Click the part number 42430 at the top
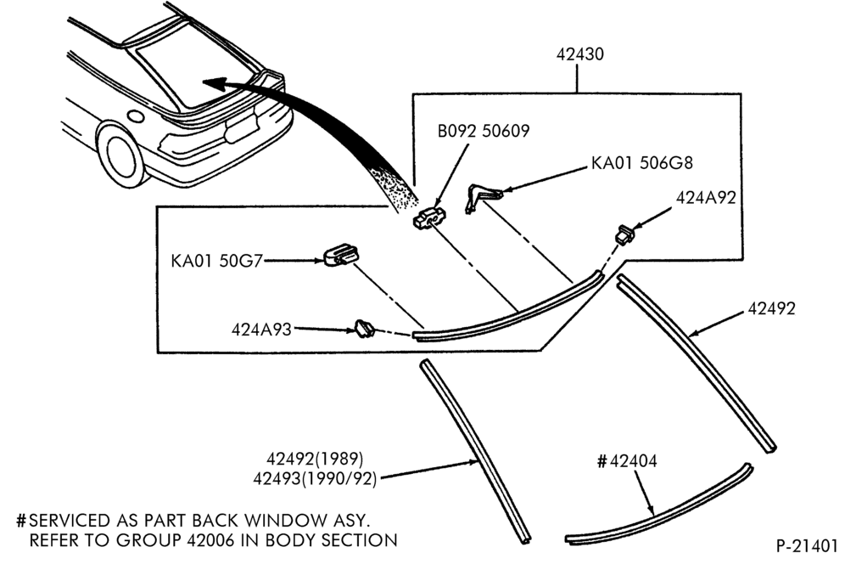579,54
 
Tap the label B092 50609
484,131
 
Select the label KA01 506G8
642,162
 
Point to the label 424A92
706,198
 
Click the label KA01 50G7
216,261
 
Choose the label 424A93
261,330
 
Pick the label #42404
627,461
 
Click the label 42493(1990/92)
315,479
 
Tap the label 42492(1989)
315,459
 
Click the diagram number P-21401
807,545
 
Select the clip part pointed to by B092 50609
429,217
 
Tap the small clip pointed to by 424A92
624,234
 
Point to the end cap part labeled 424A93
364,328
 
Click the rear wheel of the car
120,155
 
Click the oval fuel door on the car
135,116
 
